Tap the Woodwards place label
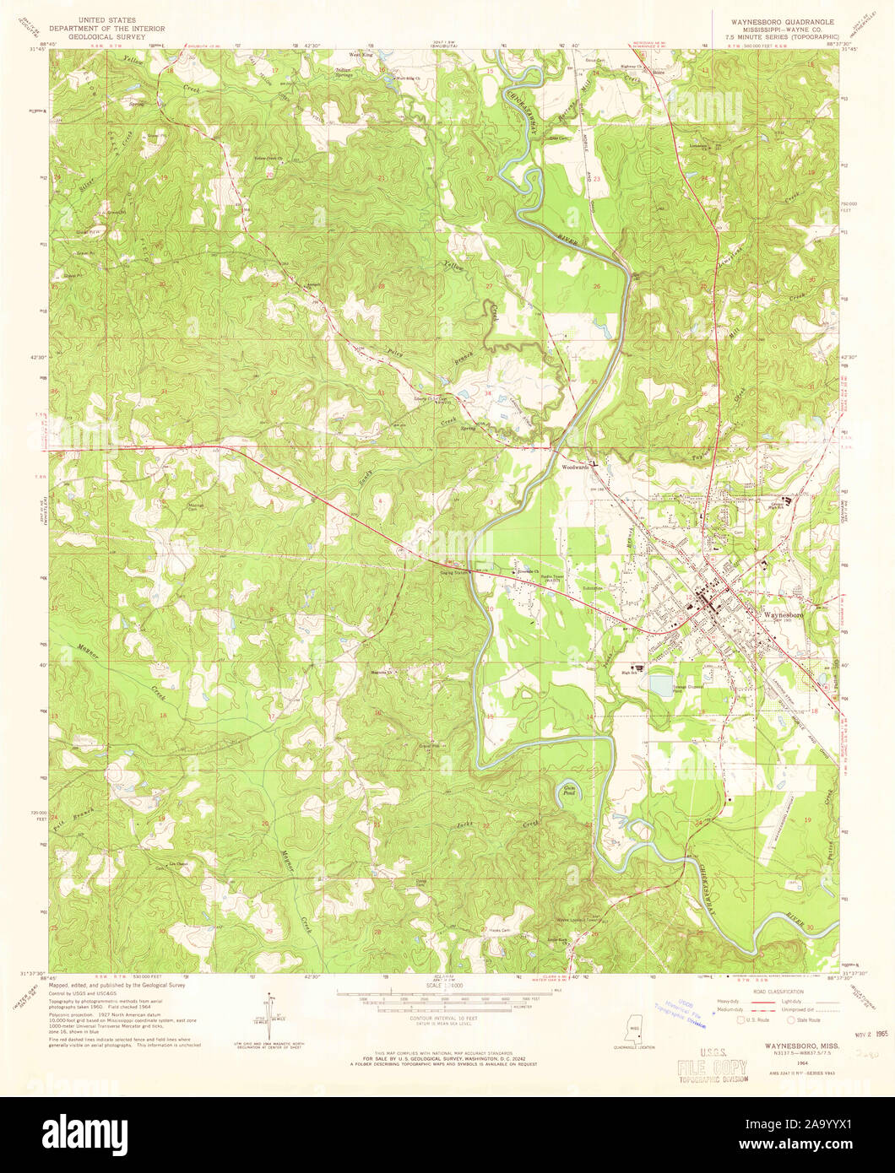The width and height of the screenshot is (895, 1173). pos(576,466)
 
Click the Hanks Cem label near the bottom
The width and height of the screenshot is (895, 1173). pos(500,931)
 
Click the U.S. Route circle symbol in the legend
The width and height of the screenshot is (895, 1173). pos(742,1019)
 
